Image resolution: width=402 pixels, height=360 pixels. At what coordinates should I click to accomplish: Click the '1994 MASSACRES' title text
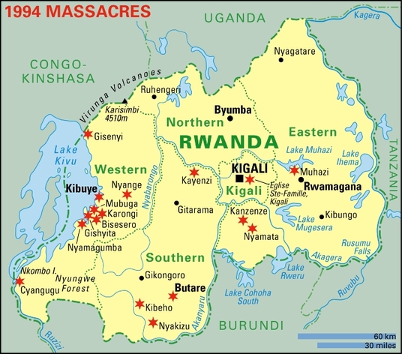65,13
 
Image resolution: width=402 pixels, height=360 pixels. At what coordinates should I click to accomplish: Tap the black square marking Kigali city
238,178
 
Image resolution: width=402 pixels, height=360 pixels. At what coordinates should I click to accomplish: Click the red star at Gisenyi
88,134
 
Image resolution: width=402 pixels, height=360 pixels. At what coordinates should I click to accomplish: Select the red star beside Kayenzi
194,172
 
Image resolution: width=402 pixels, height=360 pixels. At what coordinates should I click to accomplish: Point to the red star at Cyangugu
18,282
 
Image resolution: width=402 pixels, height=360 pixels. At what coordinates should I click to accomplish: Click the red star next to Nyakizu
153,323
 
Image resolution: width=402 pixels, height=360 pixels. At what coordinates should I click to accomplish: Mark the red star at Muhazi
294,171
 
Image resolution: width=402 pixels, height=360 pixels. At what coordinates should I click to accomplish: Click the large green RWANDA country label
223,142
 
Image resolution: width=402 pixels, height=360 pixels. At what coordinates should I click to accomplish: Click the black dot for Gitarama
175,202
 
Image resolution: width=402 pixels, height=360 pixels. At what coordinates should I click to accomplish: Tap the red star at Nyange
126,195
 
